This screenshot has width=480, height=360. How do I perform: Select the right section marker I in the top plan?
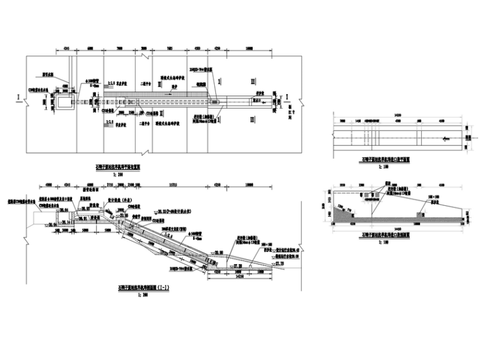pos(287,96)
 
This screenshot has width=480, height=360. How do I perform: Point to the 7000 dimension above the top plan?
pos(119,49)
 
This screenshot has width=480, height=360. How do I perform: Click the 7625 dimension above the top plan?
pos(171,49)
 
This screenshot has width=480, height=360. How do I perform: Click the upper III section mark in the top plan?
pos(253,81)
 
